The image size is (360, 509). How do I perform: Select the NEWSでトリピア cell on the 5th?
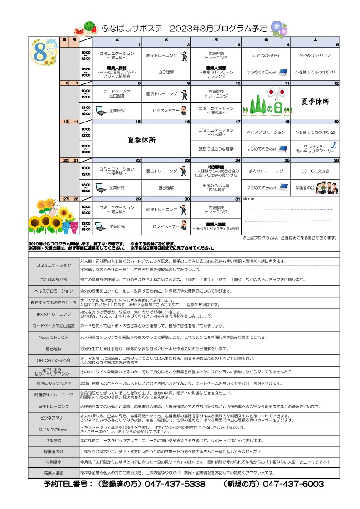click(315, 55)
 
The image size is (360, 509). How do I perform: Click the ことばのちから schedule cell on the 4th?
click(266, 55)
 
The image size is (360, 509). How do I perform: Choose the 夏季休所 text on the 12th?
click(315, 102)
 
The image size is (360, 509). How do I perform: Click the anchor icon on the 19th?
click(332, 145)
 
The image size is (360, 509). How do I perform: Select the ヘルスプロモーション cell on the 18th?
click(266, 132)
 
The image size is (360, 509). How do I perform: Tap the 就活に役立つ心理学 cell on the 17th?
click(216, 148)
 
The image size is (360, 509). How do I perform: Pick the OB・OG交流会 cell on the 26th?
click(315, 171)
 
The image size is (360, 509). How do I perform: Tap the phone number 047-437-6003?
click(293, 484)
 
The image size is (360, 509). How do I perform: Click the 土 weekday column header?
click(315, 40)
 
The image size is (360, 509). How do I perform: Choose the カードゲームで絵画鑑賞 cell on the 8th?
click(117, 94)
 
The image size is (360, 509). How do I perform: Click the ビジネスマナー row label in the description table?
click(54, 418)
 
